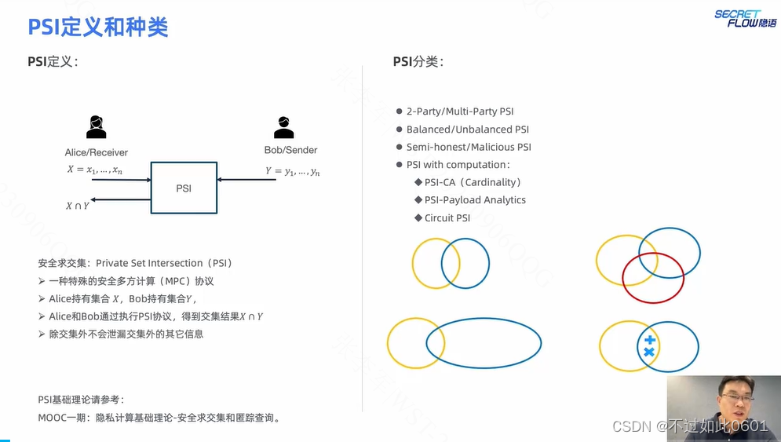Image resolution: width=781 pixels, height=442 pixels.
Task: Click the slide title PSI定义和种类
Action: click(98, 27)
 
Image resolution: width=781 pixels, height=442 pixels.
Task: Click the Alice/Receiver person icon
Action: click(97, 126)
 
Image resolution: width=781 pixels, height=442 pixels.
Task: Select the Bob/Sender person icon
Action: click(283, 126)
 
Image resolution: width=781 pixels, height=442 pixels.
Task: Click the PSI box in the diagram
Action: click(184, 188)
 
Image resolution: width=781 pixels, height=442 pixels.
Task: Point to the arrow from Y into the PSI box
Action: click(246, 180)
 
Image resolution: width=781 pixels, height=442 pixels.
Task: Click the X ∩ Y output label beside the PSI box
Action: click(77, 206)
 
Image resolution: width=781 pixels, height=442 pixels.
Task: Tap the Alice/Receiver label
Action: click(97, 152)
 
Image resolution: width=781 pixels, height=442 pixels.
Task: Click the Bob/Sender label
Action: click(290, 150)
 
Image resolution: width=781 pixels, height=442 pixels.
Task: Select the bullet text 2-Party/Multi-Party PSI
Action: click(460, 111)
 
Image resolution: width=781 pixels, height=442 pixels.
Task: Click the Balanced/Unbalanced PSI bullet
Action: click(468, 130)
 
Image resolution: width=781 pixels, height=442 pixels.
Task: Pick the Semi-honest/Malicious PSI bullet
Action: click(469, 147)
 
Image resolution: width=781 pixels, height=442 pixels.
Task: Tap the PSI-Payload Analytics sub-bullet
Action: click(475, 200)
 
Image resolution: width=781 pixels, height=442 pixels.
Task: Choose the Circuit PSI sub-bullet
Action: click(447, 218)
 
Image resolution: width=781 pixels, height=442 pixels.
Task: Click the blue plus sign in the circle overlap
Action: click(649, 340)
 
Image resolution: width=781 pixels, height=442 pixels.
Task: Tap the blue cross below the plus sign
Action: click(649, 353)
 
